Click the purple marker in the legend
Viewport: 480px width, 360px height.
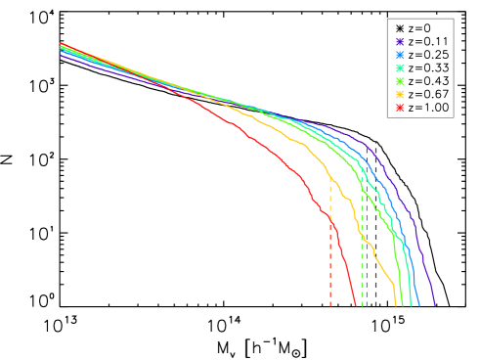pos(400,41)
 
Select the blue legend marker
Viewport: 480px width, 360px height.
pos(400,55)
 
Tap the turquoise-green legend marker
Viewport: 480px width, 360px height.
pos(400,68)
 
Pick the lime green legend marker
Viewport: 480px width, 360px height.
pos(400,81)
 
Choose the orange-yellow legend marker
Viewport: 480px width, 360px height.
pos(400,95)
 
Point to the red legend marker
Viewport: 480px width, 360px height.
pos(400,108)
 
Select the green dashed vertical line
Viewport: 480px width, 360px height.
pos(362,264)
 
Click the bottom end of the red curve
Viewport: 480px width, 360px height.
pos(356,305)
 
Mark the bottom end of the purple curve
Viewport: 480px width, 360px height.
pos(434,305)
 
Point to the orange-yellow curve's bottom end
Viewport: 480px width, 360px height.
pos(396,305)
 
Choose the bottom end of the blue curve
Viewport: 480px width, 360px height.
pos(419,305)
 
